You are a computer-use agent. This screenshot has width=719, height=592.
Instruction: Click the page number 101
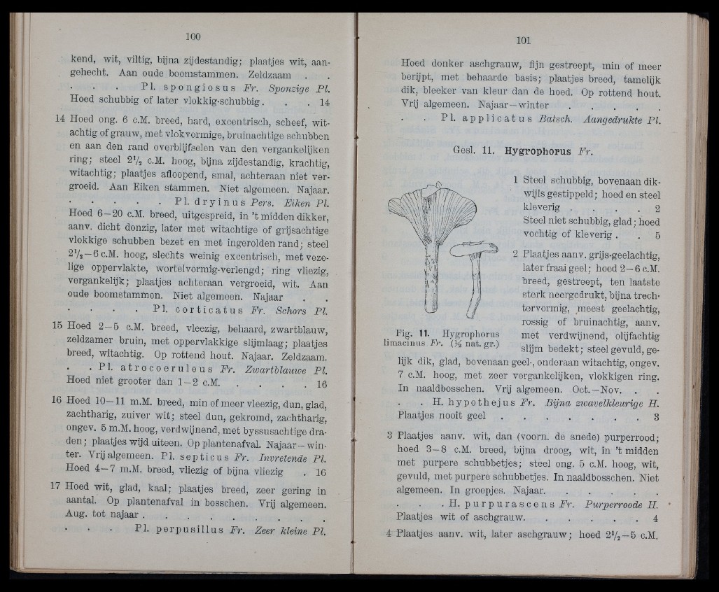(525, 40)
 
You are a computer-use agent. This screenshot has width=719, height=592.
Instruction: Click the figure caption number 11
(424, 331)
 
